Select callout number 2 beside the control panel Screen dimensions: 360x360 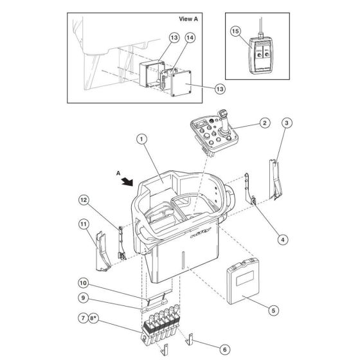pyautogui.click(x=264, y=122)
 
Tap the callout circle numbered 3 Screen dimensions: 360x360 pyautogui.click(x=287, y=122)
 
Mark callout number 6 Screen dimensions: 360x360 pyautogui.click(x=224, y=350)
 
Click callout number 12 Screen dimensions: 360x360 pyautogui.click(x=83, y=200)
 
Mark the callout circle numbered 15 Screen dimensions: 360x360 pyautogui.click(x=235, y=30)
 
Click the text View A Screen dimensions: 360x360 pyautogui.click(x=186, y=19)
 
